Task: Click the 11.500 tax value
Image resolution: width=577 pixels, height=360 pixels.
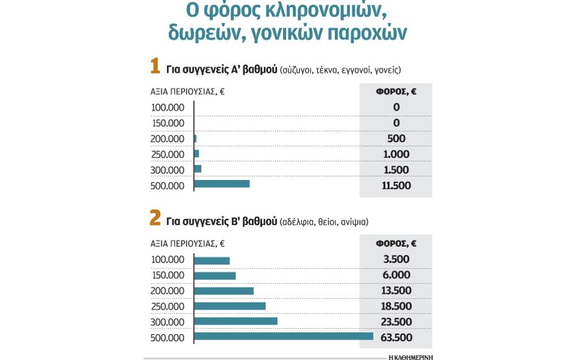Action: [x=396, y=185]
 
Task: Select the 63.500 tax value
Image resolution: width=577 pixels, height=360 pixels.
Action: [x=396, y=337]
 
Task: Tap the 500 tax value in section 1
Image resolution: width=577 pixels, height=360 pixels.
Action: [x=396, y=138]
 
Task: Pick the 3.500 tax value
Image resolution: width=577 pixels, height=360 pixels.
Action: [x=396, y=259]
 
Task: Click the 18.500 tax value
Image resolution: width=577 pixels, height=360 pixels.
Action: [x=396, y=306]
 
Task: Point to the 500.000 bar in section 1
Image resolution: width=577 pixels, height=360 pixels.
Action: [x=222, y=184]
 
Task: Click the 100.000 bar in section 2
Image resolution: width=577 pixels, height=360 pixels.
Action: [x=213, y=261]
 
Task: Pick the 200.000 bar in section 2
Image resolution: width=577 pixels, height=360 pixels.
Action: [x=225, y=291]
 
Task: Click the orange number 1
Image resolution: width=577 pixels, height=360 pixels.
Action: [x=155, y=66]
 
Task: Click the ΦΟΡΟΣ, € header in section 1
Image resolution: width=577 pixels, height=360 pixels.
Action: [x=396, y=92]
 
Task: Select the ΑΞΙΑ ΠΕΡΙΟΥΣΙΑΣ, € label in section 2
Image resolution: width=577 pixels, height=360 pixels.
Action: [x=187, y=244]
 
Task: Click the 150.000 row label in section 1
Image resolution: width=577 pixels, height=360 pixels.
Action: [x=167, y=123]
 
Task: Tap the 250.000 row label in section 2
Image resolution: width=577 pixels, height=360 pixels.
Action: [x=167, y=306]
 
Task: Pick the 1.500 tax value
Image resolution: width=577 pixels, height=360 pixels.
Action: [x=396, y=170]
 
